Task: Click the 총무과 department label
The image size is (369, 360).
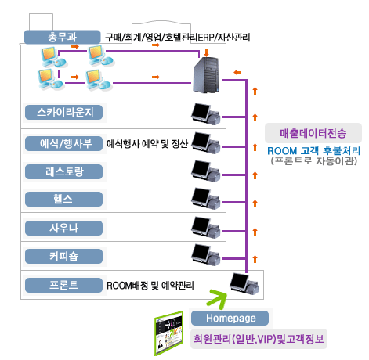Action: coord(62,37)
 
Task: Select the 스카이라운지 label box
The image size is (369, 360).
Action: coord(63,113)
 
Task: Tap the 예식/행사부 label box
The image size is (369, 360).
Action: coord(63,143)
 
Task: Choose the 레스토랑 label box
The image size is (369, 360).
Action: coord(63,171)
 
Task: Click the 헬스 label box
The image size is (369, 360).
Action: coord(63,200)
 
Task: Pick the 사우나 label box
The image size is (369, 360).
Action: coord(63,229)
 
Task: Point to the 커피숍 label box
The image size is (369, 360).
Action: coord(63,257)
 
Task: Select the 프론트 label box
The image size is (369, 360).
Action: coord(63,285)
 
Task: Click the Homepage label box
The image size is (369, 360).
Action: coord(230,319)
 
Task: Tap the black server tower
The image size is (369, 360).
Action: coord(206,75)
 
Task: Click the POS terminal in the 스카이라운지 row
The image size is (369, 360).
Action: coord(206,114)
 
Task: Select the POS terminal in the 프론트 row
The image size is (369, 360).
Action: coord(244,284)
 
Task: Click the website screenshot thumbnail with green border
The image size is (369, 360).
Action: coord(168,333)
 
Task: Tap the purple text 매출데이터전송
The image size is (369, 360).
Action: coord(313,133)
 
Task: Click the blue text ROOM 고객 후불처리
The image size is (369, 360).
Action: coord(313,151)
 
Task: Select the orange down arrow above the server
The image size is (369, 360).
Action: coord(207,53)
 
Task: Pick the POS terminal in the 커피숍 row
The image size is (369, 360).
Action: coord(206,255)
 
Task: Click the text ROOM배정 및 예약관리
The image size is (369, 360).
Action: coord(150,286)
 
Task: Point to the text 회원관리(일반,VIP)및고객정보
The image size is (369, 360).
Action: coord(259,339)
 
